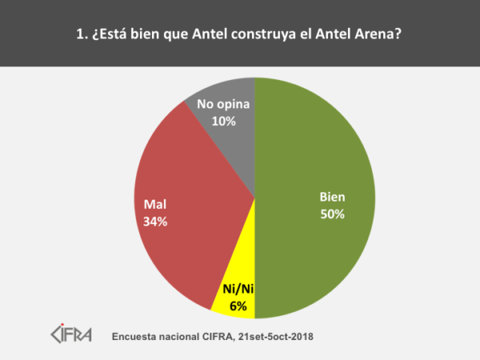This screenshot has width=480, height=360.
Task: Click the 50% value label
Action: (331, 214)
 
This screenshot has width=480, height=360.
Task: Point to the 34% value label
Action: (155, 222)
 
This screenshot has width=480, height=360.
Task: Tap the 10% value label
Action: (224, 122)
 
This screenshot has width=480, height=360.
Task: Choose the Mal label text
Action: (155, 206)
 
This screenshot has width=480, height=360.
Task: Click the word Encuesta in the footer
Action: (137, 336)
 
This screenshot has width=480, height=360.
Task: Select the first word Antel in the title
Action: (190, 35)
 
